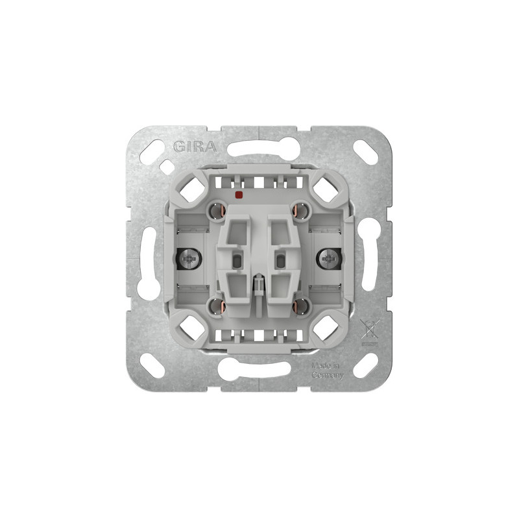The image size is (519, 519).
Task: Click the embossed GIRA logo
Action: [x=195, y=147]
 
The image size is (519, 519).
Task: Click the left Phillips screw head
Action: [x=188, y=259]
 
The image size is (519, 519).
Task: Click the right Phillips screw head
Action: [x=329, y=259]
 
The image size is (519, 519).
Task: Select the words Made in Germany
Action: [x=327, y=370]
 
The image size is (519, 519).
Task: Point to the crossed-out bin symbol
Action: [x=370, y=330]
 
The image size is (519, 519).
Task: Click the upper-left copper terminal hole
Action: [x=217, y=211]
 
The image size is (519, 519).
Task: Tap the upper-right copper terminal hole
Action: [x=300, y=211]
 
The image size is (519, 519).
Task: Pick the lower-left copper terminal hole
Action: [x=217, y=306]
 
